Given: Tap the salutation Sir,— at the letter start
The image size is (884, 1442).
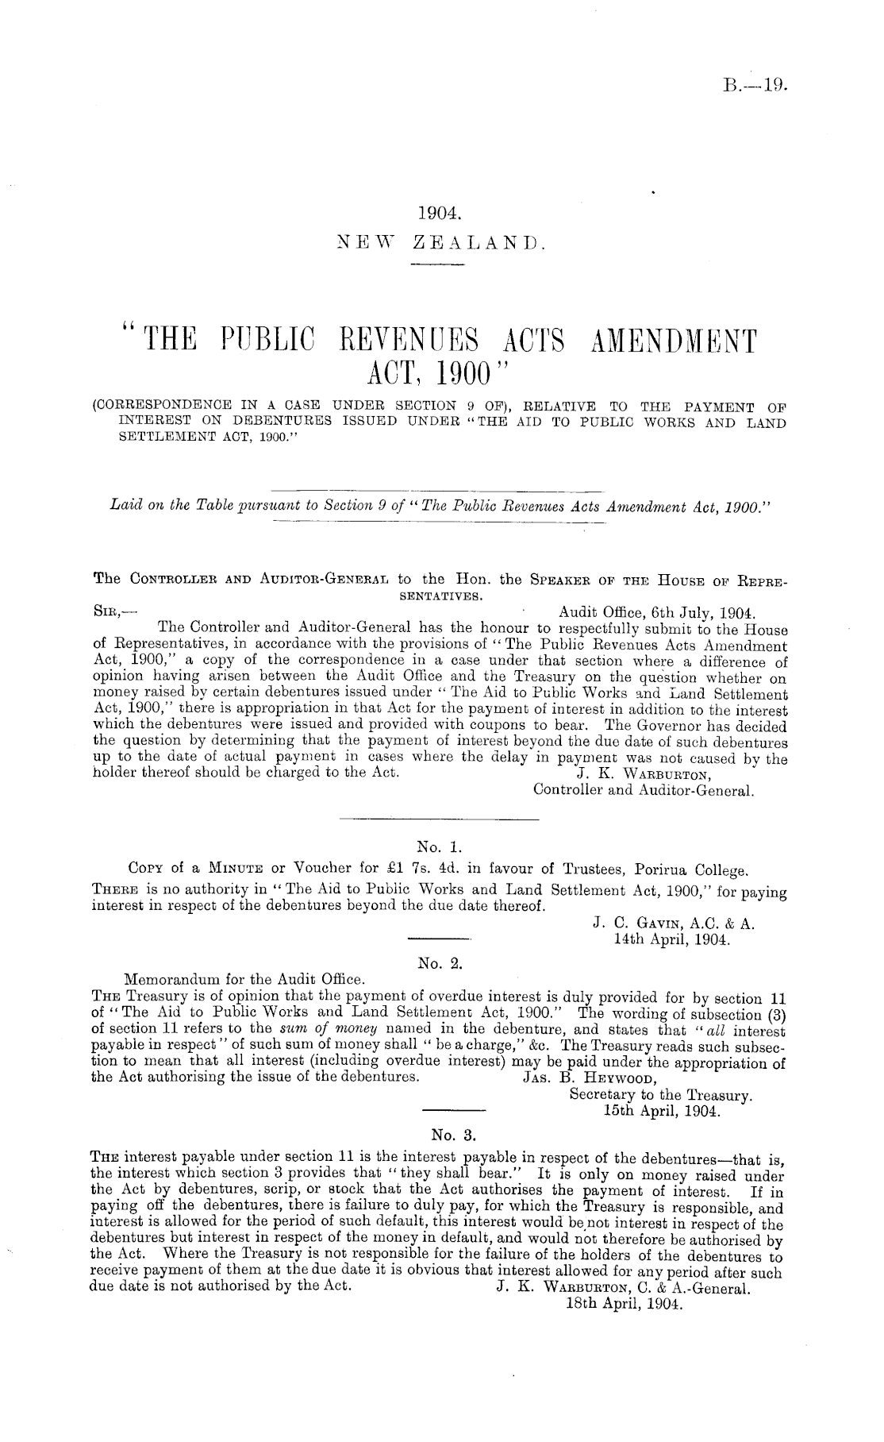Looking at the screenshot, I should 110,613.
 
